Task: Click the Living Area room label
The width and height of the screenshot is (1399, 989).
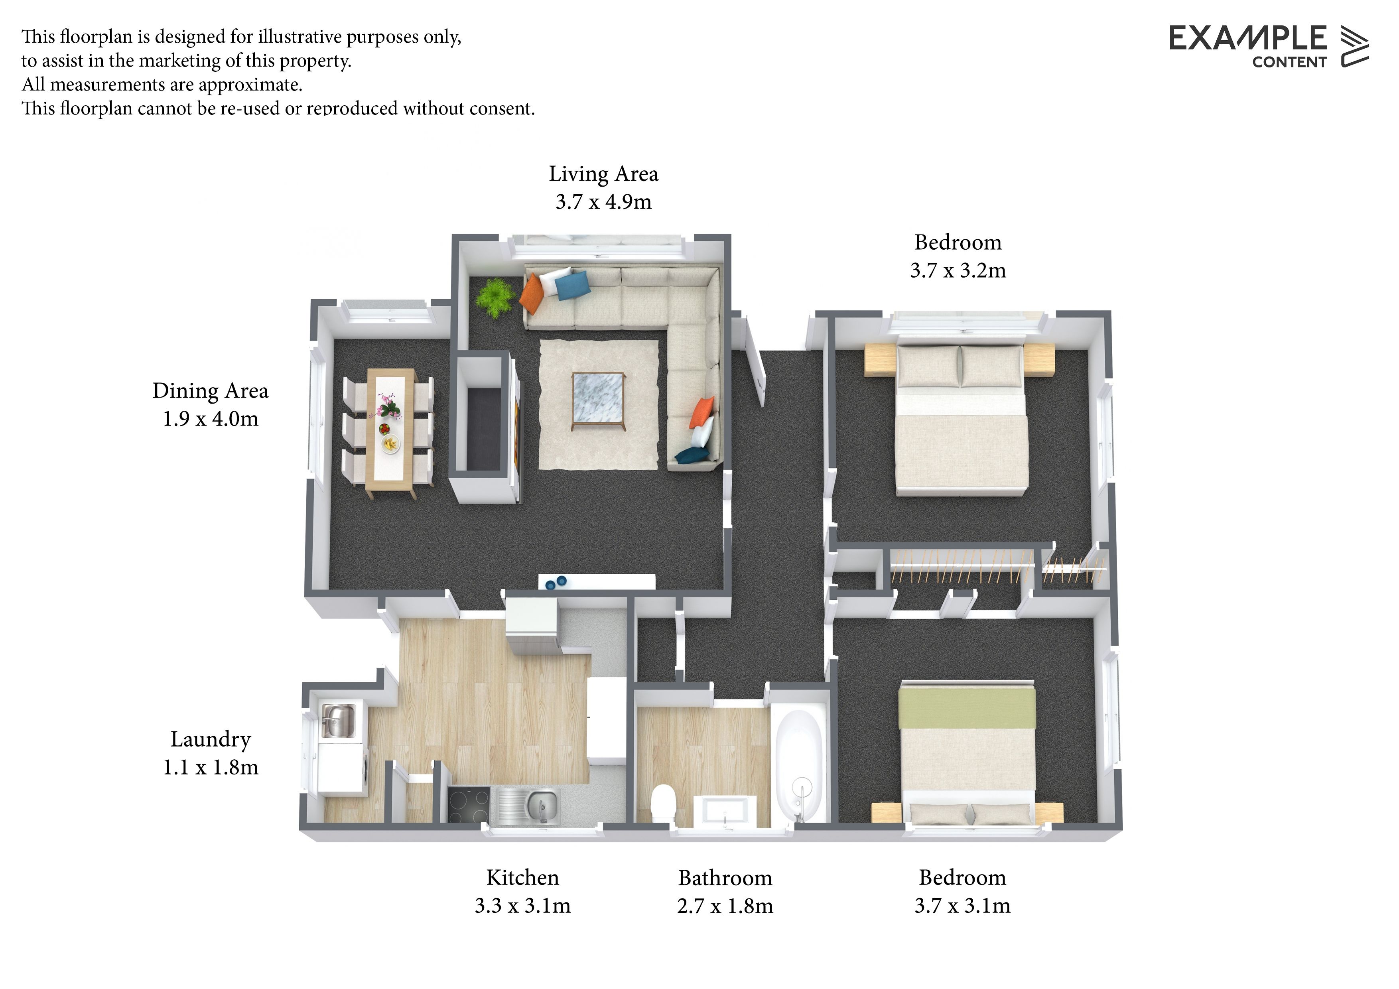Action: pyautogui.click(x=603, y=174)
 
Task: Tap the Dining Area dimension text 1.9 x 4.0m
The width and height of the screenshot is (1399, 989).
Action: pyautogui.click(x=210, y=419)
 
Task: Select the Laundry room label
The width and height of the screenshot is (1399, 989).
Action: pyautogui.click(x=210, y=740)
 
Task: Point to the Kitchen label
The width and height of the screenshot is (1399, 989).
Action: pyautogui.click(x=522, y=877)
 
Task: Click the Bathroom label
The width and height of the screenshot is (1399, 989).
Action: pyautogui.click(x=725, y=878)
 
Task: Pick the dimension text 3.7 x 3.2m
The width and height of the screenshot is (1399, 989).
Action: pyautogui.click(x=958, y=270)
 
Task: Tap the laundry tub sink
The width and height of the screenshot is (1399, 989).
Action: pyautogui.click(x=339, y=720)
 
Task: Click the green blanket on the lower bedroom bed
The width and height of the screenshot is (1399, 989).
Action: pyautogui.click(x=967, y=707)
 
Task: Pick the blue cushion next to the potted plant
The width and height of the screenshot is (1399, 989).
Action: pyautogui.click(x=572, y=285)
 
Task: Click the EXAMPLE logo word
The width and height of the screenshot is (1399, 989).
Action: pyautogui.click(x=1248, y=38)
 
